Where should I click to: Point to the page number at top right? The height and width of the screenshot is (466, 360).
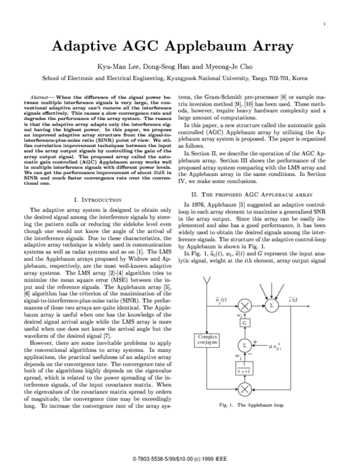(324, 23)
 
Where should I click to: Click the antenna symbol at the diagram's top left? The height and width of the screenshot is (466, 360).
(208, 284)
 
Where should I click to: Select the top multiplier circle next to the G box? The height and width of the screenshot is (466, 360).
(245, 306)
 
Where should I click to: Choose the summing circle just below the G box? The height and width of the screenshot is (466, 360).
(244, 344)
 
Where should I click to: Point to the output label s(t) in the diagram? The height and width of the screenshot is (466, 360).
(302, 300)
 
